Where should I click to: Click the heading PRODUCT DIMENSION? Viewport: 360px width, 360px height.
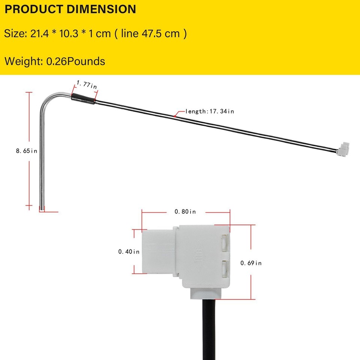pos(70,9)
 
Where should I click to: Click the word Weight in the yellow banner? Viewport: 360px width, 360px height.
pos(23,61)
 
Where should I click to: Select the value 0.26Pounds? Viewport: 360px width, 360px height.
pos(75,61)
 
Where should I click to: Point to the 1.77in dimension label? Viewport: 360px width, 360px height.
pos(87,84)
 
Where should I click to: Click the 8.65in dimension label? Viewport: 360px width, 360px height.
pos(26,151)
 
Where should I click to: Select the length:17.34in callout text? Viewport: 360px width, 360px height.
pos(210,111)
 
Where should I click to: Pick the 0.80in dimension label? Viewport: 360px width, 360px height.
pos(185,212)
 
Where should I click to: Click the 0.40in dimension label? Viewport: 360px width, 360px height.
pos(129,252)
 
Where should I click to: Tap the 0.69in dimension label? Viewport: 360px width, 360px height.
pos(251,263)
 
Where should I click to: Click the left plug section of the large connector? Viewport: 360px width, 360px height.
pos(158,252)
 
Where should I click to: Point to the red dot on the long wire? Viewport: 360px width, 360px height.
pos(175,116)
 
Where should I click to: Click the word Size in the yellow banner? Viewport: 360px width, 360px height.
pos(14,34)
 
